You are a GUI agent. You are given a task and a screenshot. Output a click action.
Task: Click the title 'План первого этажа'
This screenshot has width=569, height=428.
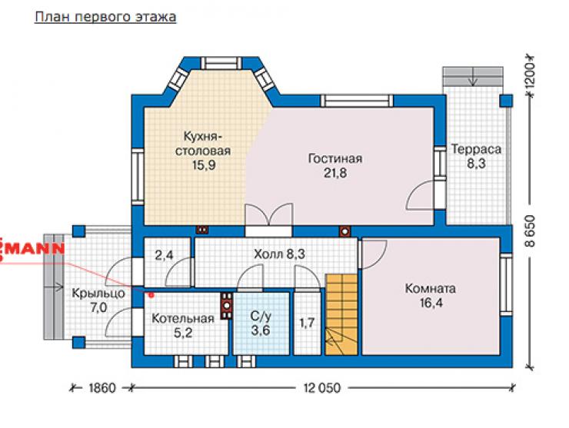click(105, 17)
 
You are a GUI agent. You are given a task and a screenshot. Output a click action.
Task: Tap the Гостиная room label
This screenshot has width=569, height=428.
click(335, 159)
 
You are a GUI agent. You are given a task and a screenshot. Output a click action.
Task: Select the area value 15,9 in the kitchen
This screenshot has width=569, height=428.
click(204, 165)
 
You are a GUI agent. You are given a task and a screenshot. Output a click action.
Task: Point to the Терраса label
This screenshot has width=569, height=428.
click(476, 149)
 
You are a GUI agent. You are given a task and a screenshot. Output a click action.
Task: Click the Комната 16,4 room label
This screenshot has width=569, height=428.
click(431, 296)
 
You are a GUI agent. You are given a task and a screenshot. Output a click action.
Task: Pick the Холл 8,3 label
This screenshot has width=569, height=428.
click(279, 254)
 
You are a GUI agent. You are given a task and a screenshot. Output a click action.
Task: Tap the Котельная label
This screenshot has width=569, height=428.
click(183, 319)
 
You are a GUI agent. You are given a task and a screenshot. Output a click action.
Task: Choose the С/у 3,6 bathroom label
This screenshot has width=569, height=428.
click(261, 323)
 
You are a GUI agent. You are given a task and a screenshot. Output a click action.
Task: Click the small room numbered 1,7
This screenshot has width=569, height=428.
click(307, 323)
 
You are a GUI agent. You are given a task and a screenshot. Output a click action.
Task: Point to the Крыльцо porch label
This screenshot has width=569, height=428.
click(98, 293)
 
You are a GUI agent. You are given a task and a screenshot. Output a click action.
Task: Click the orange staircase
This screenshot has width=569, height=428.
click(341, 314)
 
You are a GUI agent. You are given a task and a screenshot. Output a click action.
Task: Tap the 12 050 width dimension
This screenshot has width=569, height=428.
click(322, 388)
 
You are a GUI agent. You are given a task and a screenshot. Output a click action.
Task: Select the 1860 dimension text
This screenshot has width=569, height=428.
click(102, 388)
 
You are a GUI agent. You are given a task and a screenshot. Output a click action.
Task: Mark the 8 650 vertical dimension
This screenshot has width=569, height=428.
click(531, 231)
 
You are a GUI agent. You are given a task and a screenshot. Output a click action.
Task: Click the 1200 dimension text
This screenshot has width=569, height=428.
click(531, 75)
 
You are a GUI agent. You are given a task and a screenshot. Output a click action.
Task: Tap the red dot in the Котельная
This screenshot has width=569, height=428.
click(151, 295)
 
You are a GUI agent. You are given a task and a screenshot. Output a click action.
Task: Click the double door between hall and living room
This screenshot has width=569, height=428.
click(268, 215)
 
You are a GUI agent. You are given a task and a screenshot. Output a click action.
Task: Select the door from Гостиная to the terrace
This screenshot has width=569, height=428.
click(421, 195)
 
